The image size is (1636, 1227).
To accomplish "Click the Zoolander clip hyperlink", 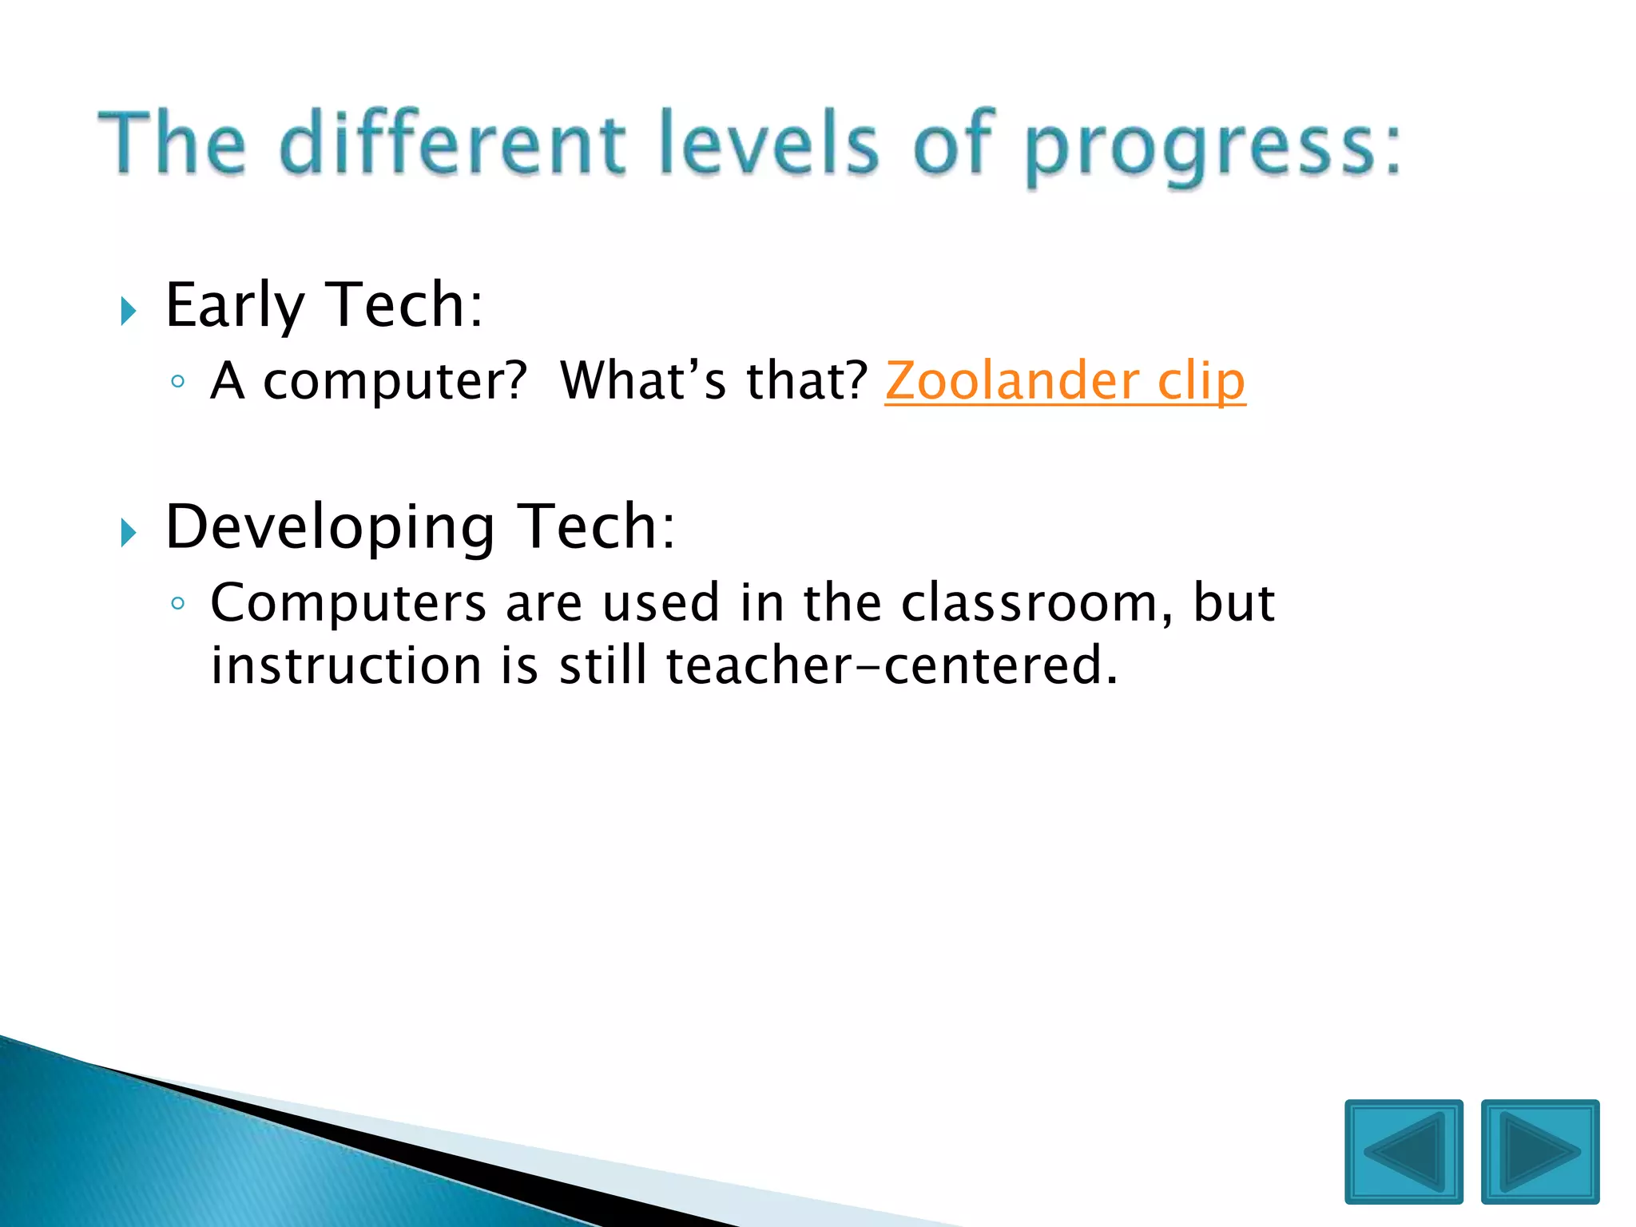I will tap(1064, 381).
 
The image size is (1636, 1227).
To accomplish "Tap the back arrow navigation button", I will tap(1404, 1151).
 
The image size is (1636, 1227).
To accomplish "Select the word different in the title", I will tap(452, 144).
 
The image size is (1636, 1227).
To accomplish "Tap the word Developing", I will tap(330, 528).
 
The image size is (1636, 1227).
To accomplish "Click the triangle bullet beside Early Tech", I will tap(129, 310).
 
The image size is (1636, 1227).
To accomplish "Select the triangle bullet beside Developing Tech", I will tap(129, 532).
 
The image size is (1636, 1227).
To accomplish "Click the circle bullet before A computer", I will tap(178, 382).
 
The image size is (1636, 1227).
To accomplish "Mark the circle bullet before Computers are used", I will tap(178, 603).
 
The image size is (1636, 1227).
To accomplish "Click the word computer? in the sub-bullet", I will tap(395, 382).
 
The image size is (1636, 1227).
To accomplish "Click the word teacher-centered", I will tap(891, 665).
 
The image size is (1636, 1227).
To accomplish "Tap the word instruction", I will tap(346, 665).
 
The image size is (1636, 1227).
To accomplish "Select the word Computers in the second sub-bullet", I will tap(347, 603).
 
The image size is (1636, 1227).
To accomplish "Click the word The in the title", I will tap(172, 144).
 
